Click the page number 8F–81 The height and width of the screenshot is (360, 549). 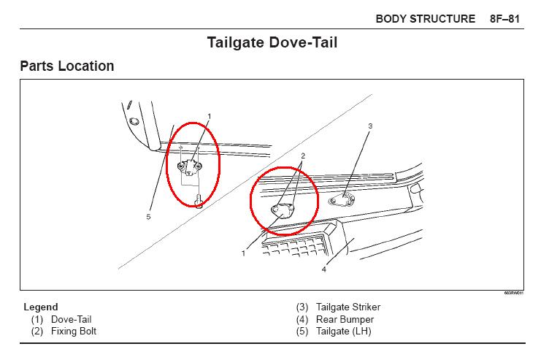pos(504,18)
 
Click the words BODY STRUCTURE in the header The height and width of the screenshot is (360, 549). pos(426,18)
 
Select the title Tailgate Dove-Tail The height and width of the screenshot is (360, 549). pos(272,42)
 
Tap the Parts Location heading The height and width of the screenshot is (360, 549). pos(67,66)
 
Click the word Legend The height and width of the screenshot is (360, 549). pos(41,307)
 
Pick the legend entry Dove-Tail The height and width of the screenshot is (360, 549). pos(71,319)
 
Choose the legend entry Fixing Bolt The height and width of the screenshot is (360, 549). pos(74,332)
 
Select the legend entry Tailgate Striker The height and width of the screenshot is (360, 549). pos(348,307)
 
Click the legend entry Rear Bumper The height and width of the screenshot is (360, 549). pos(345,319)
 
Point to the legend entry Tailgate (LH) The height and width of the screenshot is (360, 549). pos(343,332)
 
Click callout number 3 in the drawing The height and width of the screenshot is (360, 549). pos(370,126)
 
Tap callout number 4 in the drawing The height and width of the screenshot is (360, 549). pos(324,269)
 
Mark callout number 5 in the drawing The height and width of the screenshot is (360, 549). pos(148,217)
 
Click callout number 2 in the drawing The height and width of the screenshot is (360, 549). pos(303,156)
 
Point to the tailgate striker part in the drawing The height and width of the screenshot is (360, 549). pos(342,199)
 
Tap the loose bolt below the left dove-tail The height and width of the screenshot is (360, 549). pos(199,202)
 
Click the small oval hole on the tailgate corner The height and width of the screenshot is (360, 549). pos(134,121)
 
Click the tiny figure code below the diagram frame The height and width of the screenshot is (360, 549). pos(514,293)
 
